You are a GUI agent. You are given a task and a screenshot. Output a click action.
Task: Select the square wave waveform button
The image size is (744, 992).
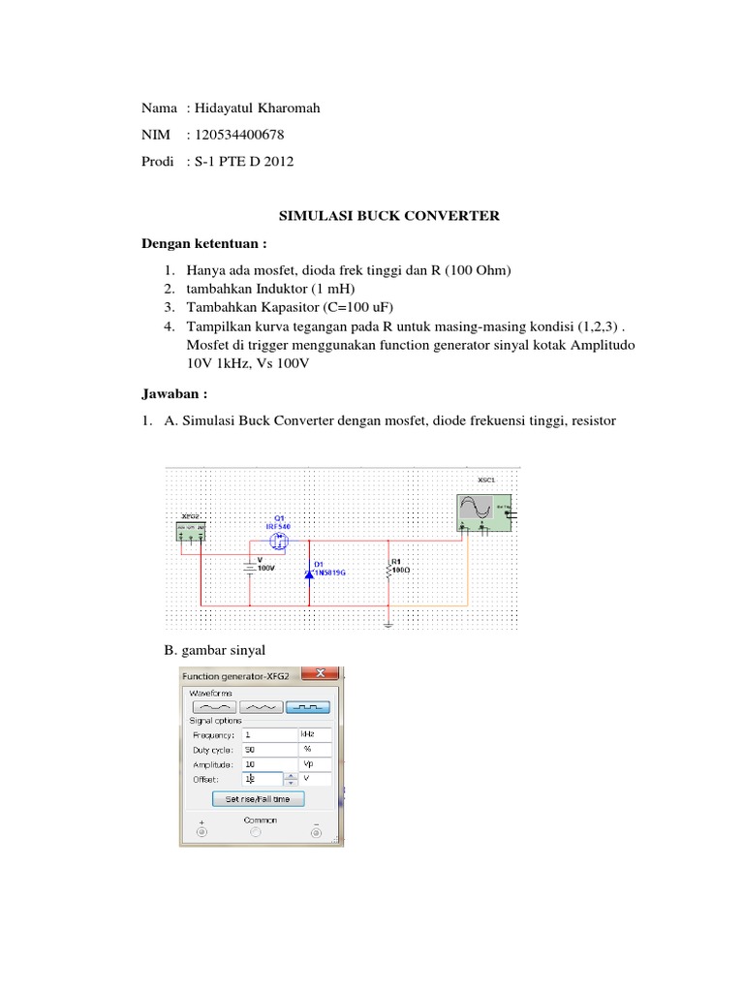(308, 706)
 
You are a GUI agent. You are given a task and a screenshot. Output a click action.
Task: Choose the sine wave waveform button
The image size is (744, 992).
(214, 706)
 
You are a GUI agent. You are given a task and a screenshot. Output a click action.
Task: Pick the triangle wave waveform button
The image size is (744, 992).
(262, 706)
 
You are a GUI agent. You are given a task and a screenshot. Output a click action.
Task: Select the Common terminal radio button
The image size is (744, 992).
(254, 831)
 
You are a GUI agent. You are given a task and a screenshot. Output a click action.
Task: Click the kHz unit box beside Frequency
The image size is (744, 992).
(316, 734)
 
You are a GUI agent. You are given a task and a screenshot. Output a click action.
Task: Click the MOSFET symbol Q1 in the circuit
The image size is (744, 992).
(280, 539)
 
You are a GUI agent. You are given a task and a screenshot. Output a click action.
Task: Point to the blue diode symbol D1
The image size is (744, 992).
(310, 573)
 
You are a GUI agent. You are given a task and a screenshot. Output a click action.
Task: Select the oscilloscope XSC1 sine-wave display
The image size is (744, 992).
(478, 510)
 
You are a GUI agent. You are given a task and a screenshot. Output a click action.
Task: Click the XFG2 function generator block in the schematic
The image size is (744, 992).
(190, 531)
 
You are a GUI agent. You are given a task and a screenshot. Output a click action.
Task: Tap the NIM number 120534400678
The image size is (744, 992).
(240, 135)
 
